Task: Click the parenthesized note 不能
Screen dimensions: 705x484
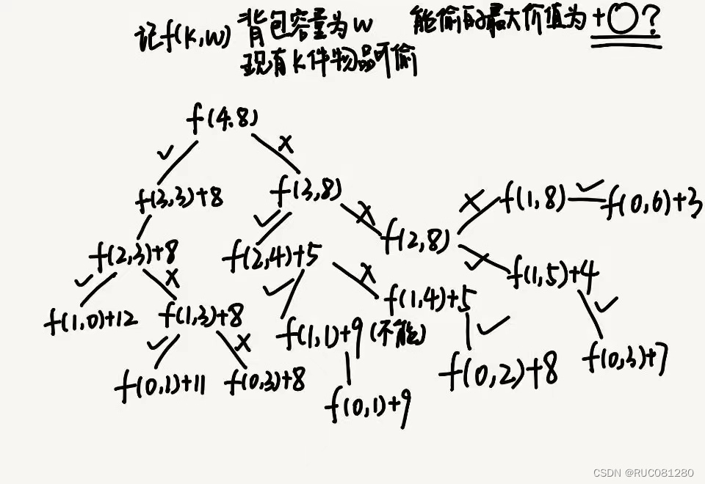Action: [397, 334]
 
